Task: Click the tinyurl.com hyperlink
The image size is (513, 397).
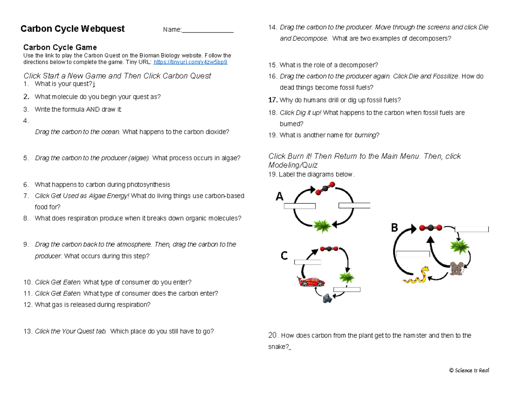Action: (x=190, y=62)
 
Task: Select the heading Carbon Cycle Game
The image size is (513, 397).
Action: (x=60, y=47)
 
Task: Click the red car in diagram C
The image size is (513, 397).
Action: (x=311, y=281)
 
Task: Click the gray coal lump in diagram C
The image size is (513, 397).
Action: (x=327, y=298)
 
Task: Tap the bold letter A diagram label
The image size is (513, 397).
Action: (x=279, y=197)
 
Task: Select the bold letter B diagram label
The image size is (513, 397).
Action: (x=395, y=228)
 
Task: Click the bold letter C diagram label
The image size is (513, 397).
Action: (x=284, y=256)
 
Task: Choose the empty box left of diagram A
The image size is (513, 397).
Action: (x=300, y=206)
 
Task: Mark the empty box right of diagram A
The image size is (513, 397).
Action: (x=354, y=205)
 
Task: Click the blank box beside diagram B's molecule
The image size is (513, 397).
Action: (x=472, y=229)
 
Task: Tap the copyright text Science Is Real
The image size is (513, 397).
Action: (x=469, y=370)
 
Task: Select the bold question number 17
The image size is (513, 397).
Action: (x=273, y=100)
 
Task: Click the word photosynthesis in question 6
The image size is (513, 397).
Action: (x=149, y=185)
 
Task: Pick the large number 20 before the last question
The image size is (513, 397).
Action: (x=273, y=335)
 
